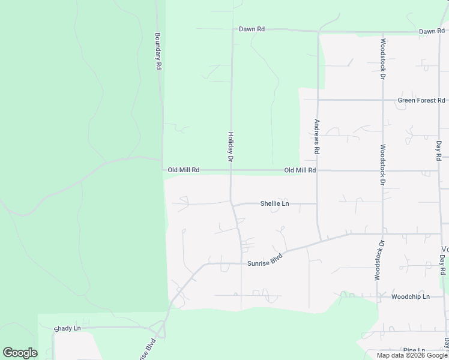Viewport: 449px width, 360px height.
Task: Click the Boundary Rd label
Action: point(158,52)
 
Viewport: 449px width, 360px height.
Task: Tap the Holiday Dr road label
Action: point(229,147)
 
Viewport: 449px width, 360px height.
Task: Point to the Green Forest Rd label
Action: point(421,100)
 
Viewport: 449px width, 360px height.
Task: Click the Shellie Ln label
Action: point(274,203)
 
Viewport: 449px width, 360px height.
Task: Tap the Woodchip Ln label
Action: point(410,296)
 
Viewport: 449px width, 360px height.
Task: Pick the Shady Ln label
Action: point(67,328)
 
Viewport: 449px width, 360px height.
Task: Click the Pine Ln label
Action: point(414,350)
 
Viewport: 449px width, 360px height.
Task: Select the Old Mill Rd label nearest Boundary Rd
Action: point(183,170)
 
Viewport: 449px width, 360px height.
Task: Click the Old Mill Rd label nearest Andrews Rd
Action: point(300,170)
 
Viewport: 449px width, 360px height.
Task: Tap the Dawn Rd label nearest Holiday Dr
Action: point(252,29)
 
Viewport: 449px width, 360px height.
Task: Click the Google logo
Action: point(20,353)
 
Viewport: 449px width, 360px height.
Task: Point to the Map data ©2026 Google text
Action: point(412,355)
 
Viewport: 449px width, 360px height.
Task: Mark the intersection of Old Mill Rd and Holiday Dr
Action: point(231,170)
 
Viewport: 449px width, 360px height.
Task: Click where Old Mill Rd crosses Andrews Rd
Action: point(318,170)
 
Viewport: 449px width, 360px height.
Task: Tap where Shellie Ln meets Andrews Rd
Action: point(318,203)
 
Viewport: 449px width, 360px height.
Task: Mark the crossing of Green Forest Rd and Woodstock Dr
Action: point(382,100)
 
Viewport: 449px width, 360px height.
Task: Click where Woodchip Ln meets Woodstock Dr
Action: point(382,296)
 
